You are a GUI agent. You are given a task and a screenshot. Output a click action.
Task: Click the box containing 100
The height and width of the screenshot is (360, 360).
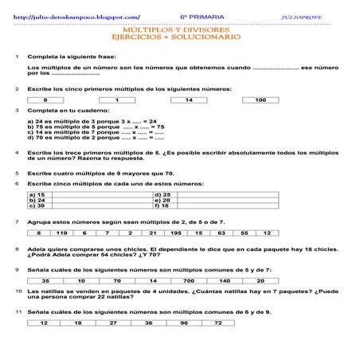point(260,100)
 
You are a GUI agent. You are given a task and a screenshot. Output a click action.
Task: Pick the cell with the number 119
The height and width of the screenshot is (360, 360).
point(61,233)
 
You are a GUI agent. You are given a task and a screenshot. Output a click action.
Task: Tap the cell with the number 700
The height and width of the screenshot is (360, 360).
point(188,280)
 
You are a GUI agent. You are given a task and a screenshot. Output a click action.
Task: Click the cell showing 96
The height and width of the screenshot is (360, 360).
point(184,323)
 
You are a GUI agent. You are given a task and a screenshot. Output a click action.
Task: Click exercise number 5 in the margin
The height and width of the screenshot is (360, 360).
point(17,171)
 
